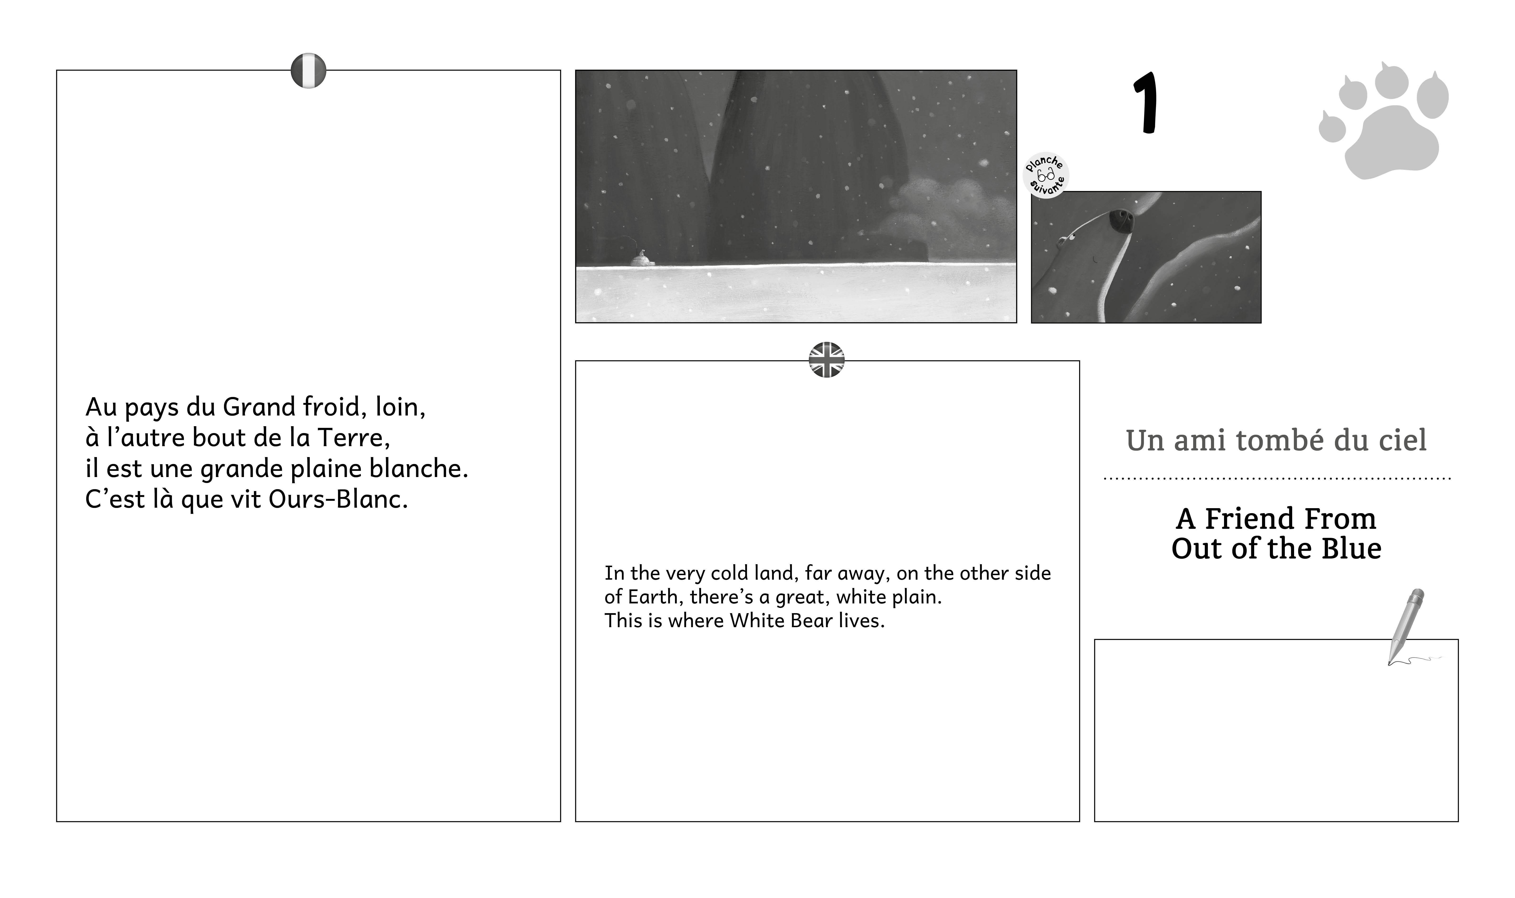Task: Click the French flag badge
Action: (x=309, y=71)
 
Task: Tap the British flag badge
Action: (x=826, y=360)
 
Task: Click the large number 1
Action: (x=1147, y=103)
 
